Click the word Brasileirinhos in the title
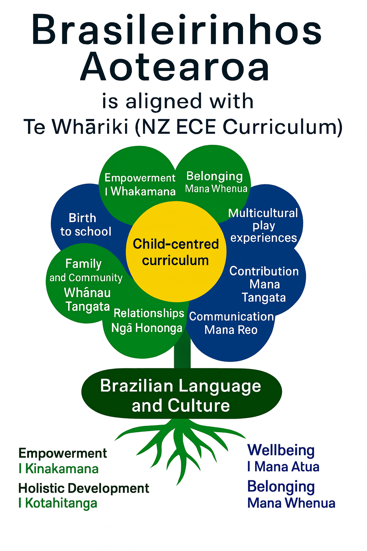click(x=176, y=30)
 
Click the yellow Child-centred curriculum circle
click(x=176, y=252)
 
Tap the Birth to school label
click(x=85, y=225)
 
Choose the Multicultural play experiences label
click(x=263, y=225)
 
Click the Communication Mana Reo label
click(x=231, y=323)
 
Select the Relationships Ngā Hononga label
click(x=148, y=320)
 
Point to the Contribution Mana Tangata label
click(x=264, y=284)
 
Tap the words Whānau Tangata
click(x=87, y=300)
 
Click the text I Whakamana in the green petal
click(x=140, y=192)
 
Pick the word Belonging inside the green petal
click(x=214, y=176)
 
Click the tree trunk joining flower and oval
click(x=182, y=353)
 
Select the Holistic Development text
click(x=84, y=488)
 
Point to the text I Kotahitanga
click(x=58, y=503)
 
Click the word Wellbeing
click(x=281, y=450)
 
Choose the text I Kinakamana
click(x=59, y=469)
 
